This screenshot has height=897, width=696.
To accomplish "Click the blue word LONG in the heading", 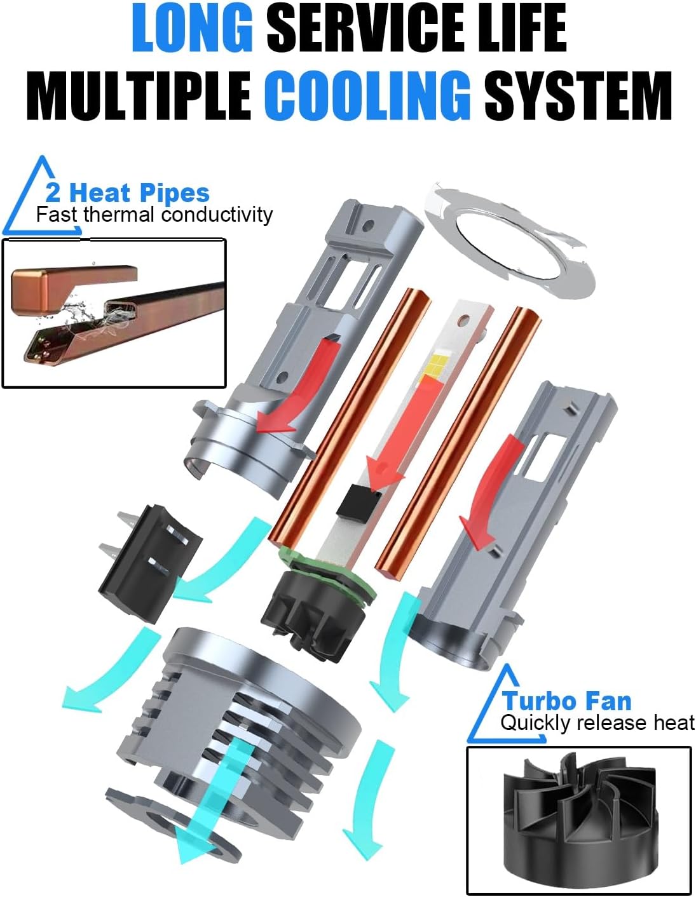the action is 192,29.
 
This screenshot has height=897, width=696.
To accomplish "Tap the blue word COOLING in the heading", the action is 367,95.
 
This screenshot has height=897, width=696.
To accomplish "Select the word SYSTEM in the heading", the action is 577,95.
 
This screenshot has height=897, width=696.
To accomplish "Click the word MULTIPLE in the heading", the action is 139,95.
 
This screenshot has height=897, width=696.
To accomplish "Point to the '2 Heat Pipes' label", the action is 127,192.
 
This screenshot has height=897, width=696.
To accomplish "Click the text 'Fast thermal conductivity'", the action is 154,215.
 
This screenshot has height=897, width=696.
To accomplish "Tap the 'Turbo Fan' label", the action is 566,701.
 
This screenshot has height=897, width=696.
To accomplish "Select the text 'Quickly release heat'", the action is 597,723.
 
